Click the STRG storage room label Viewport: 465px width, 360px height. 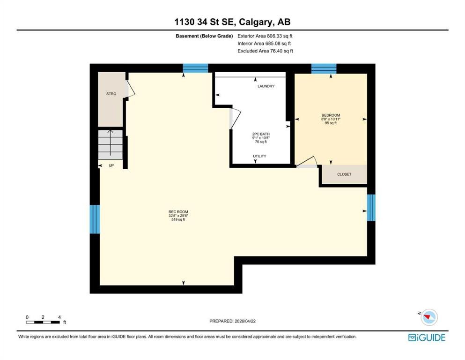coord(111,94)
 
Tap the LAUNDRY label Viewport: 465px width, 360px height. coord(266,86)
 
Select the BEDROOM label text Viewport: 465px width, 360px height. coord(331,115)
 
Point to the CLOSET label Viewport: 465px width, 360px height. coord(344,174)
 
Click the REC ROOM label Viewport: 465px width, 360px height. coord(178,212)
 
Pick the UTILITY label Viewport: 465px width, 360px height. coord(259,156)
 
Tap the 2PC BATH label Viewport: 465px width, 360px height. coord(261,134)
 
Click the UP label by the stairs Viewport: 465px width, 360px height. coord(111,165)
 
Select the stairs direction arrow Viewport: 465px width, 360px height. coord(111,143)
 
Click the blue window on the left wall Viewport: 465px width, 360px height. coord(95,219)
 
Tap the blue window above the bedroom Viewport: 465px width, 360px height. coord(324,68)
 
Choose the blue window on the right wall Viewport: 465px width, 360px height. coord(371,208)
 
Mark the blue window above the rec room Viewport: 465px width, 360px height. coord(195,68)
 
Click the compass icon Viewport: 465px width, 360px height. coord(429,317)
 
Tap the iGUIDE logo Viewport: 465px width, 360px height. coord(427,337)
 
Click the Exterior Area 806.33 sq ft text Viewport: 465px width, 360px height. coord(265,36)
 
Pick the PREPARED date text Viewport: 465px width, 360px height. coord(232,321)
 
